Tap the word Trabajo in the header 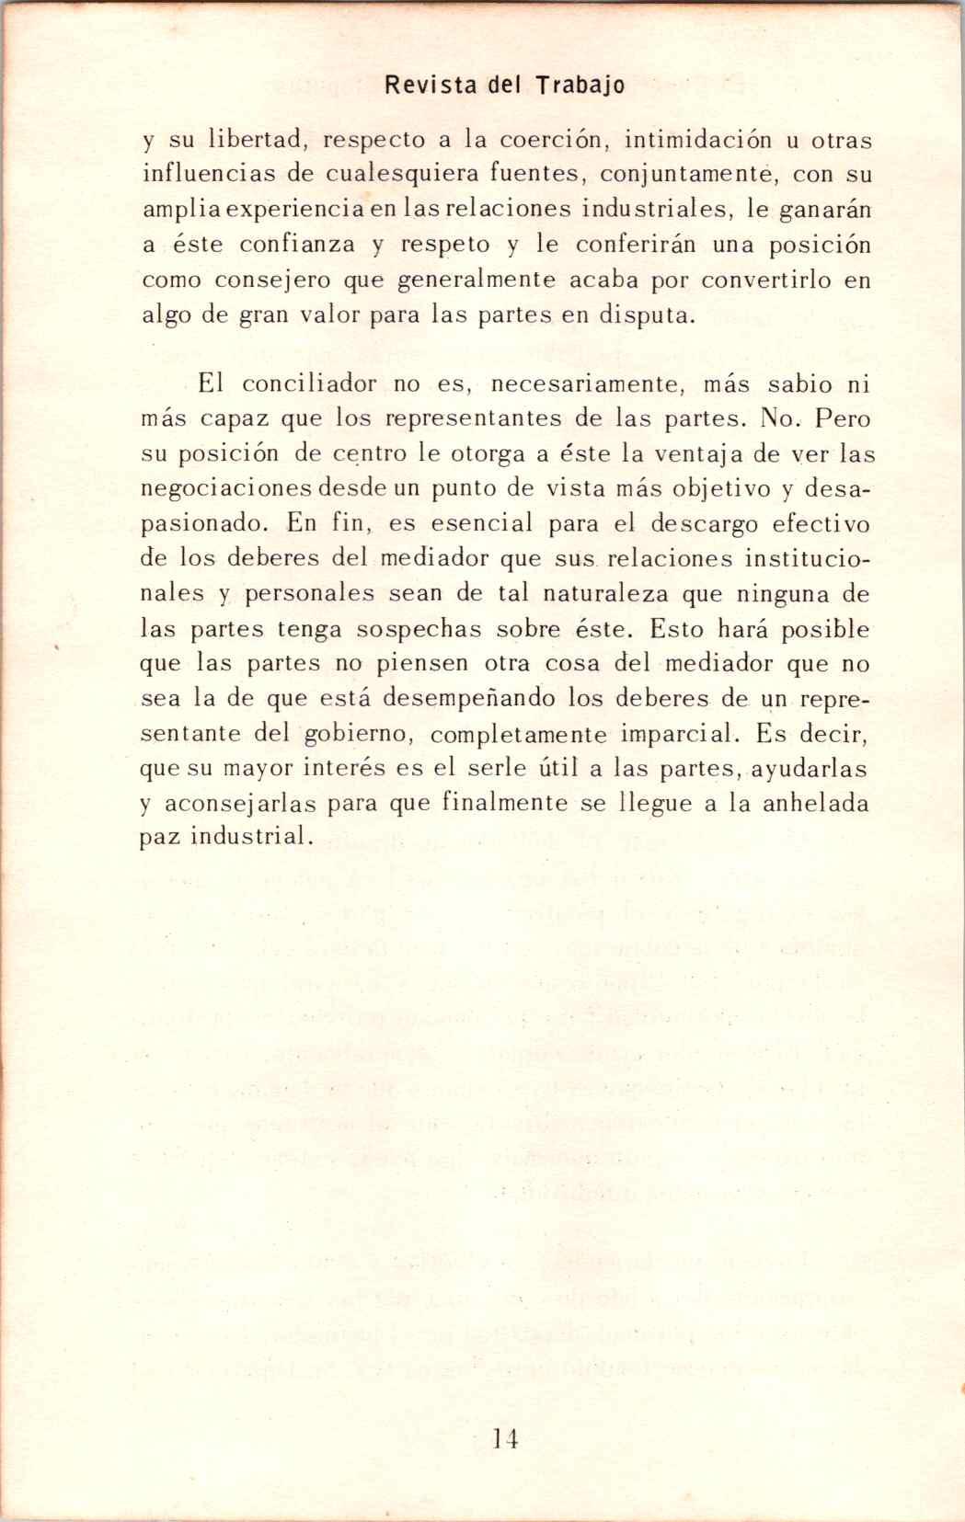point(580,86)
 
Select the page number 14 point(506,1438)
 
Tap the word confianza point(297,246)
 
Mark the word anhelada point(816,803)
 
